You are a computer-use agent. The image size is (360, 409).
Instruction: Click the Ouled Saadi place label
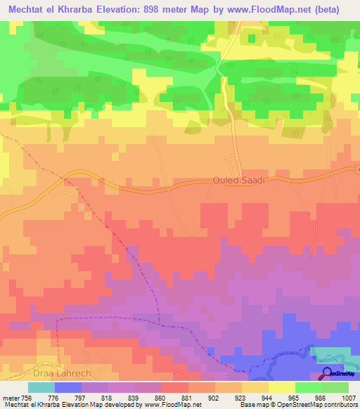click(x=238, y=181)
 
